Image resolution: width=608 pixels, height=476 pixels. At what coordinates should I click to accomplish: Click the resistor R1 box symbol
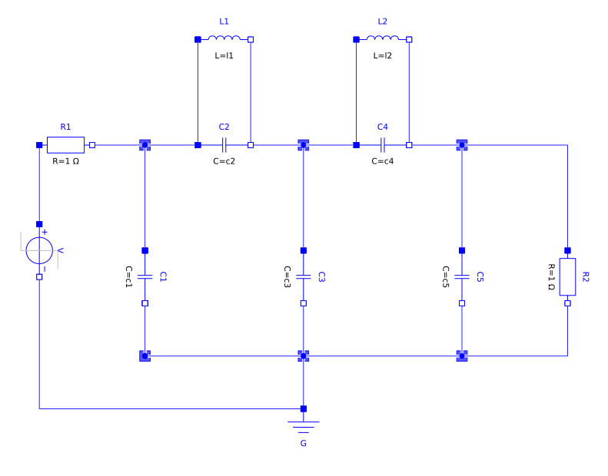(x=65, y=144)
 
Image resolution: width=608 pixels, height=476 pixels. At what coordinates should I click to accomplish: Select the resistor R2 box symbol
(x=567, y=276)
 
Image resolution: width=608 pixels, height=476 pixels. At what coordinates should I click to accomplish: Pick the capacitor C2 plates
(x=224, y=144)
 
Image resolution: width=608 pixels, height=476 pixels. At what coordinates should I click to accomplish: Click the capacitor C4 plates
(x=382, y=144)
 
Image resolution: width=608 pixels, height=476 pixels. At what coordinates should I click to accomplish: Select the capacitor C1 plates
(x=145, y=276)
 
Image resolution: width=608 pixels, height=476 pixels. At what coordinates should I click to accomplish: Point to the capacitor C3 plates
(x=303, y=276)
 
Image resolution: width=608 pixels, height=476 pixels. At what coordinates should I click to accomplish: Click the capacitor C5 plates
(x=461, y=276)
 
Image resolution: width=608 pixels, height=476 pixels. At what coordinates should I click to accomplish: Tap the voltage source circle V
(x=39, y=250)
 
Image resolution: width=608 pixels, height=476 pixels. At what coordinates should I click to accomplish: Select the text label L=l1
(x=224, y=56)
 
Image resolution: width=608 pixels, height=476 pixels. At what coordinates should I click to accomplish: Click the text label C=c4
(x=382, y=161)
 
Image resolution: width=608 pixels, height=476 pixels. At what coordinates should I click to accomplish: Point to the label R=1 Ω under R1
(x=65, y=161)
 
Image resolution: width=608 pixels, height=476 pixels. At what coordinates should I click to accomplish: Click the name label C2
(x=224, y=127)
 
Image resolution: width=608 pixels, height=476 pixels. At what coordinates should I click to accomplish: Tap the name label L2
(x=382, y=21)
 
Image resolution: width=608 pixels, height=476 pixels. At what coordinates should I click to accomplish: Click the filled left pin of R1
(x=39, y=144)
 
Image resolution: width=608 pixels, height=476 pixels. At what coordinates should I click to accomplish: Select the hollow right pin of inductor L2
(x=409, y=38)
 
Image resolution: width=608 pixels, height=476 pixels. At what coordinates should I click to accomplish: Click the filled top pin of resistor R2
(x=567, y=250)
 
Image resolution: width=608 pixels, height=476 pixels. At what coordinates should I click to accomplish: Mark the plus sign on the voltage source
(x=45, y=231)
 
